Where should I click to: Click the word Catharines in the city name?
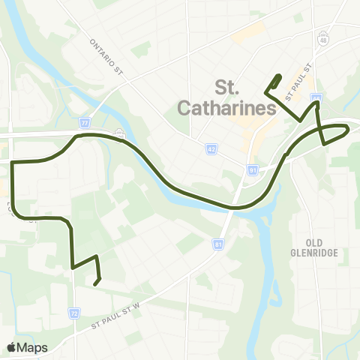227,108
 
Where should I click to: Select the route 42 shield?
212,150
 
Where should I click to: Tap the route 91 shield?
253,170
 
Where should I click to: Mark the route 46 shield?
316,98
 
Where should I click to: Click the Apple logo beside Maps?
13,347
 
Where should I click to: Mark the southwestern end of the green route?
96,283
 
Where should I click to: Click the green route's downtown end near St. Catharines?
280,76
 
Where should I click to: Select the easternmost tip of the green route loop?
349,130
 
